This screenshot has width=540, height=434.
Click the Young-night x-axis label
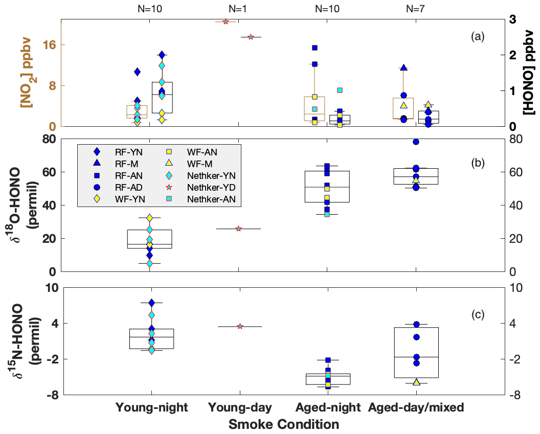pyautogui.click(x=152, y=407)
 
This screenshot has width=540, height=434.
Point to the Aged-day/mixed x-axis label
pyautogui.click(x=416, y=407)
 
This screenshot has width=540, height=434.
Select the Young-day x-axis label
pyautogui.click(x=240, y=407)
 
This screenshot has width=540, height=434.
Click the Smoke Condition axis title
pyautogui.click(x=284, y=424)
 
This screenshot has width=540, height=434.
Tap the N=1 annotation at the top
pyautogui.click(x=240, y=9)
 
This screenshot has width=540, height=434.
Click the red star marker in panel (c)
pyautogui.click(x=240, y=326)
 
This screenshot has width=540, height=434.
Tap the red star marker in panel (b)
pyautogui.click(x=238, y=229)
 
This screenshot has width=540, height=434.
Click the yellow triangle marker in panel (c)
pyautogui.click(x=416, y=382)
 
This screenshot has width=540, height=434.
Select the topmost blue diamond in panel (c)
pyautogui.click(x=151, y=303)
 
